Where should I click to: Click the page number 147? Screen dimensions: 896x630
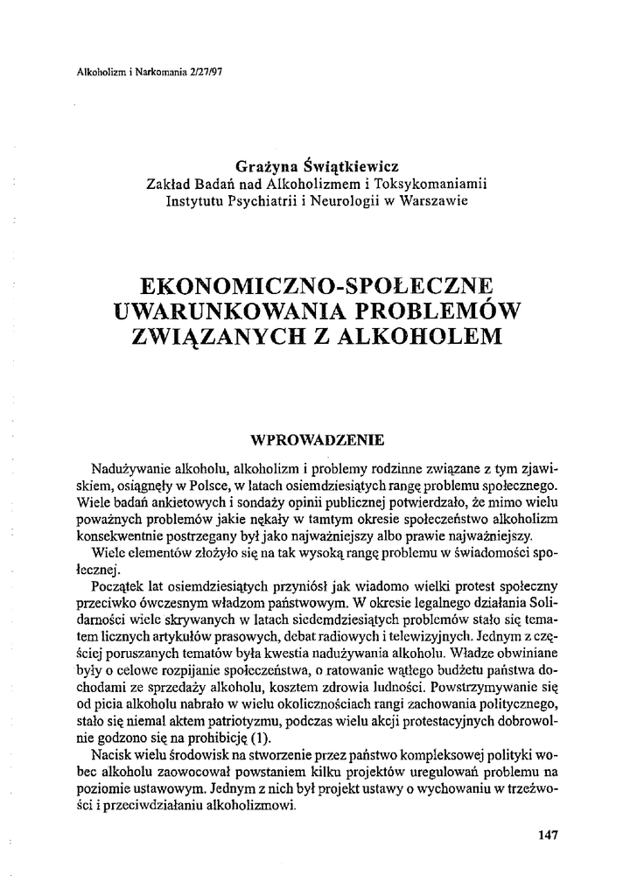[x=548, y=834]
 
